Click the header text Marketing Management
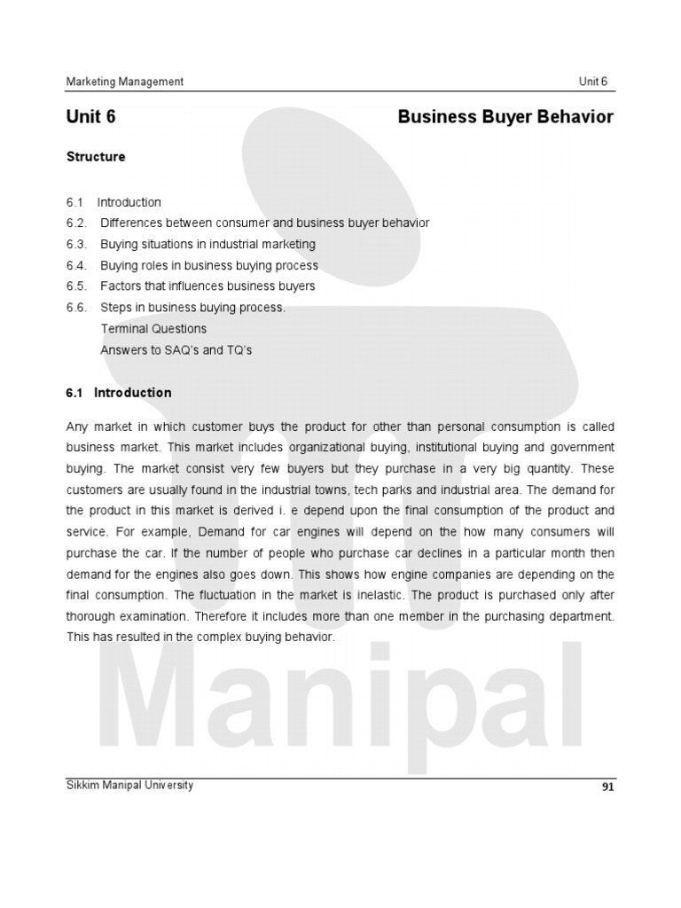tap(125, 82)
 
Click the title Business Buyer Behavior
tap(505, 117)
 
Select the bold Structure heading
tap(96, 157)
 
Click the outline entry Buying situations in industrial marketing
tap(207, 244)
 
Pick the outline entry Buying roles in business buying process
tap(209, 265)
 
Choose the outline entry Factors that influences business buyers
tap(207, 286)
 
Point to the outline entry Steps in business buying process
tap(192, 308)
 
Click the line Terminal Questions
tap(153, 329)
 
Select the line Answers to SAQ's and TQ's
tap(176, 350)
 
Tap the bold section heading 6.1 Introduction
tap(119, 393)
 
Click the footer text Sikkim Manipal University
tap(129, 786)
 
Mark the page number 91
tap(607, 787)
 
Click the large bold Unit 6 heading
tap(91, 117)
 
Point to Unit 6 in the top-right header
tap(593, 82)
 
